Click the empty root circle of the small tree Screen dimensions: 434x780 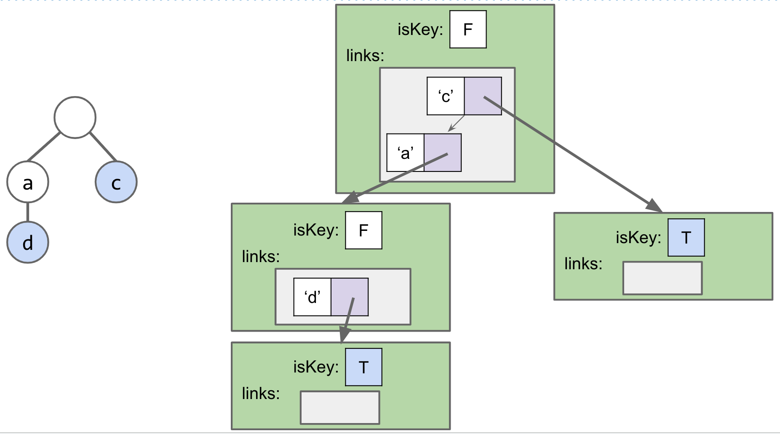[x=75, y=118]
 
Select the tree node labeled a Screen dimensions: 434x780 [x=28, y=182]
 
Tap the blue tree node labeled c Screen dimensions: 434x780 [x=116, y=182]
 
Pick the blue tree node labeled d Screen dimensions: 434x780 [x=28, y=242]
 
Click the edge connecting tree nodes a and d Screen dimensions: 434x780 [x=28, y=212]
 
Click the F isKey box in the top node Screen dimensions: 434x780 [x=468, y=29]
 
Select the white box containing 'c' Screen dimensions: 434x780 [x=446, y=96]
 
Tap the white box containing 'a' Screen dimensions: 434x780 [x=405, y=153]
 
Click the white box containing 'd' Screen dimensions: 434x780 [x=312, y=297]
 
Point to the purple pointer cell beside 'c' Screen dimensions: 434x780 [x=483, y=96]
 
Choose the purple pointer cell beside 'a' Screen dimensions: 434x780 [x=443, y=153]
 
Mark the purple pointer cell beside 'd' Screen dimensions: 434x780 [x=350, y=297]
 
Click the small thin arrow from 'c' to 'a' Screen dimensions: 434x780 [x=456, y=123]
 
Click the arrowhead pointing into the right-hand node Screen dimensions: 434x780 [x=655, y=206]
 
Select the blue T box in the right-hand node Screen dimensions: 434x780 [x=686, y=238]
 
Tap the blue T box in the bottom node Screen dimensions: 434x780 [x=363, y=367]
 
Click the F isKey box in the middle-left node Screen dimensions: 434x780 [x=363, y=230]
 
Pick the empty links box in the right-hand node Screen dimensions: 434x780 [x=662, y=278]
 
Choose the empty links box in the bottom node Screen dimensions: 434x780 [x=340, y=407]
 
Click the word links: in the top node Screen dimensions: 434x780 [x=365, y=56]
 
